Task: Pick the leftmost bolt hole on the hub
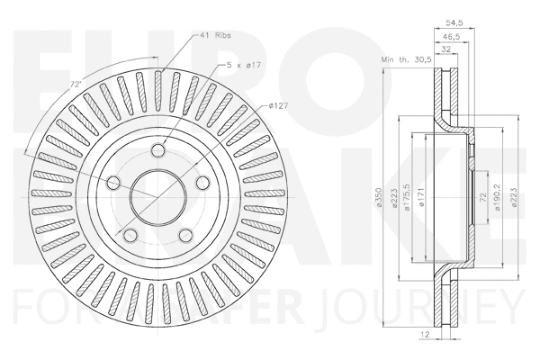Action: pos(114,184)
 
